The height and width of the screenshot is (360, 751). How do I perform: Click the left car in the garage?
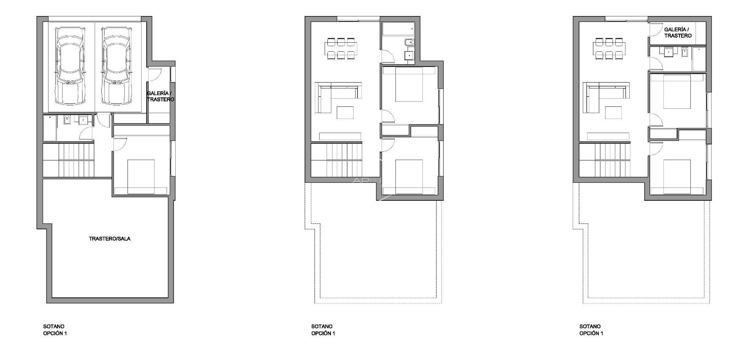coord(70,66)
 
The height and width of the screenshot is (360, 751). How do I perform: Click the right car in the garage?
coord(116,66)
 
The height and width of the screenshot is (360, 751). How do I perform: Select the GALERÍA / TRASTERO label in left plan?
coord(160,96)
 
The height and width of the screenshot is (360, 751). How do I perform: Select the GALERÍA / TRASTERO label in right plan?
coord(678,32)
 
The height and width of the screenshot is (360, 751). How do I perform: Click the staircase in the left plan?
coord(68,160)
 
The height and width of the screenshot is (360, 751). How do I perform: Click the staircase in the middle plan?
coord(336,160)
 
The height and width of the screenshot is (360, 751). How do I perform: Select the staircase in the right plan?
coord(604,160)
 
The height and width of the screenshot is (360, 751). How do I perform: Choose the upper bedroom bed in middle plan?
coord(409,85)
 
